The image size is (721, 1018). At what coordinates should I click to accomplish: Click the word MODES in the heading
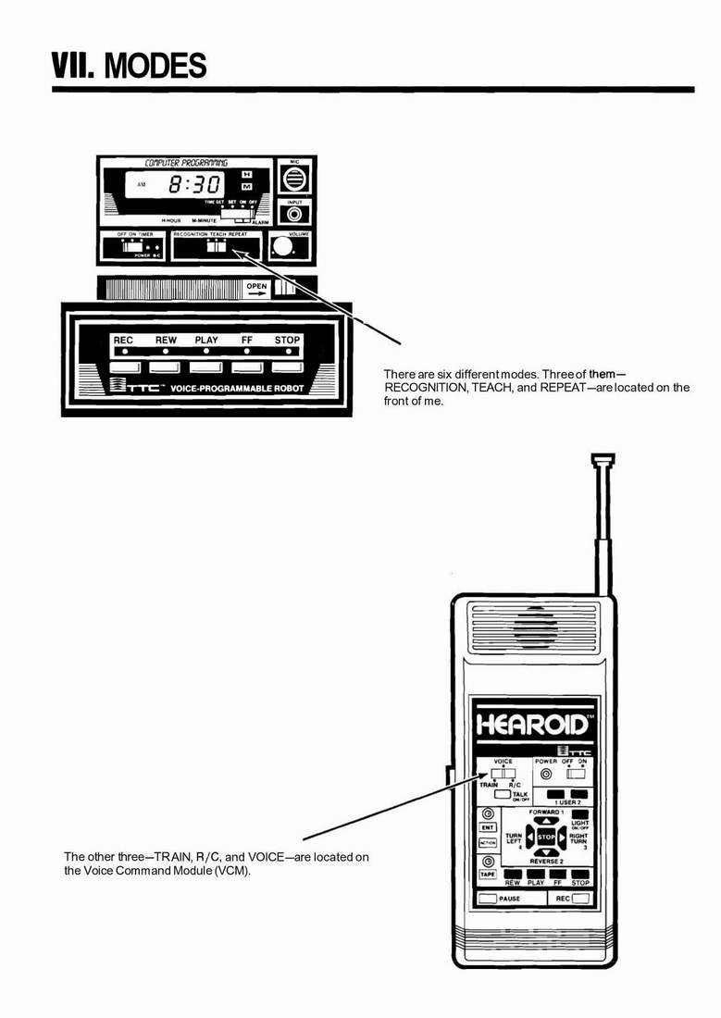[x=155, y=67]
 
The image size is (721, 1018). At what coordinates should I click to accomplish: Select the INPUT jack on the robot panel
[x=295, y=214]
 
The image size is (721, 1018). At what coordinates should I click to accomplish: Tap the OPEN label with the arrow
[x=256, y=288]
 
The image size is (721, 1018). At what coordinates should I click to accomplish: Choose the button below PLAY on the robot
[x=206, y=367]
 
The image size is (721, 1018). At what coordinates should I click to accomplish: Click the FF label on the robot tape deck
[x=247, y=341]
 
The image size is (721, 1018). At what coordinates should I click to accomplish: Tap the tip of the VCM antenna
[x=603, y=457]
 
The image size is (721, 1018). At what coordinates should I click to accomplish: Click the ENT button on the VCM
[x=487, y=827]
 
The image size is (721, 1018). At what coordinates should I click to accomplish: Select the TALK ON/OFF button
[x=503, y=795]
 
